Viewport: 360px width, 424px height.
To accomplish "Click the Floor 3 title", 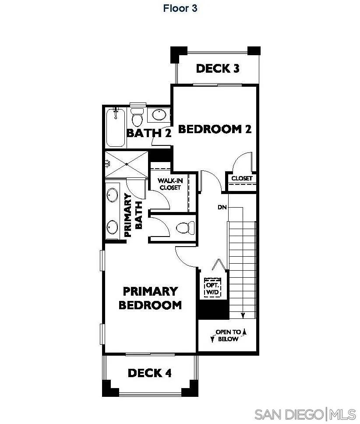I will pyautogui.click(x=180, y=8).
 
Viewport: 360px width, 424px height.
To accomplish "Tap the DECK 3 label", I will pyautogui.click(x=218, y=68).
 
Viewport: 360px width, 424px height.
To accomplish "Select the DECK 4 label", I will pyautogui.click(x=149, y=373).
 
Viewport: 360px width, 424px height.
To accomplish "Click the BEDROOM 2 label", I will pyautogui.click(x=215, y=129).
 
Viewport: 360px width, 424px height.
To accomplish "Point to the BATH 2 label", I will pyautogui.click(x=148, y=133).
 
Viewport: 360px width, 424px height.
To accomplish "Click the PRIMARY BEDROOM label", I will pyautogui.click(x=150, y=298).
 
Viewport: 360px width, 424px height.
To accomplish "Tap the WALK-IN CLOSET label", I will pyautogui.click(x=169, y=184).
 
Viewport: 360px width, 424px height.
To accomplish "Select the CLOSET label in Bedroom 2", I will pyautogui.click(x=242, y=178).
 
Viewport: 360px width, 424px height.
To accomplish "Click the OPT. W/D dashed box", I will pyautogui.click(x=213, y=288).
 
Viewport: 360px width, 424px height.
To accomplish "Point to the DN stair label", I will pyautogui.click(x=222, y=207).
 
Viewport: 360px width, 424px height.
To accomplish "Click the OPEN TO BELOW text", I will pyautogui.click(x=228, y=336).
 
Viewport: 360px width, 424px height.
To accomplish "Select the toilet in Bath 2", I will pyautogui.click(x=137, y=117).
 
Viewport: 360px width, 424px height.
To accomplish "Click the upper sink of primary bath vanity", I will pyautogui.click(x=113, y=195).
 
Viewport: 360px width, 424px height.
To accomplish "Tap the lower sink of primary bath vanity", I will pyautogui.click(x=113, y=226).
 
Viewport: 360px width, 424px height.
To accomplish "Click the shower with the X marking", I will pyautogui.click(x=127, y=164).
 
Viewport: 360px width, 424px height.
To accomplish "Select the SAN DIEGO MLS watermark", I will pyautogui.click(x=305, y=413).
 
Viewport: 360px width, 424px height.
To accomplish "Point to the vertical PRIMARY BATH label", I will pyautogui.click(x=134, y=216).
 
